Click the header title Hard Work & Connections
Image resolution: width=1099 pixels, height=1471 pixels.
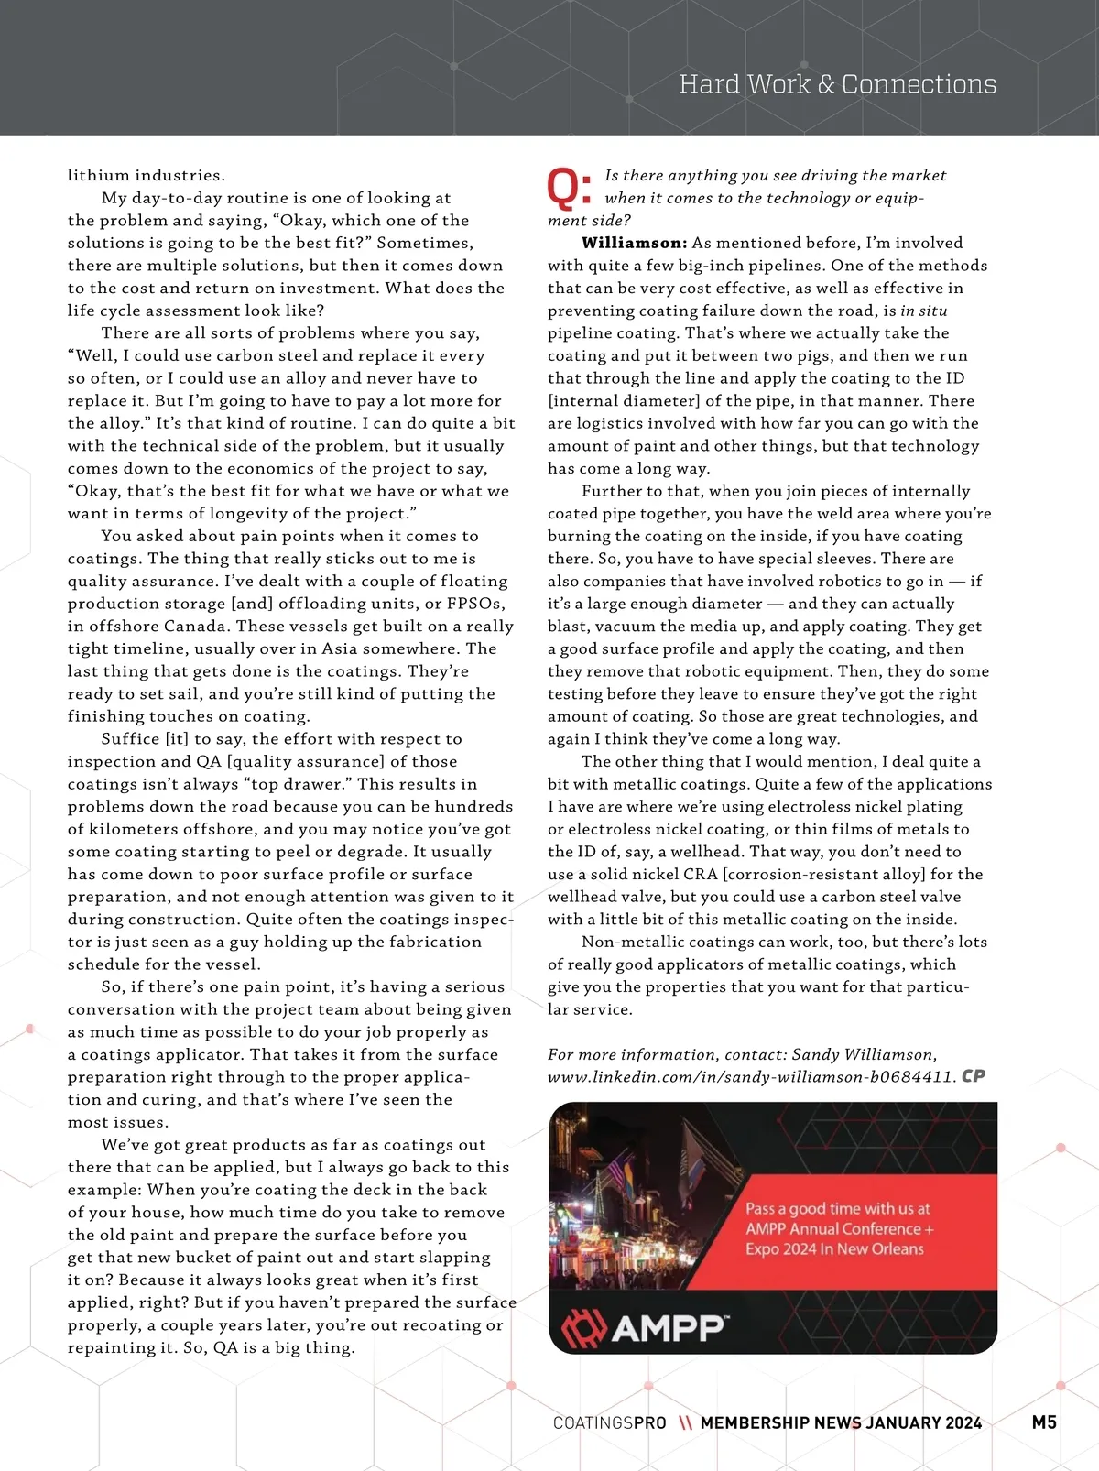pyautogui.click(x=837, y=84)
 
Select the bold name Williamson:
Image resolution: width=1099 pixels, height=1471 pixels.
pyautogui.click(x=634, y=243)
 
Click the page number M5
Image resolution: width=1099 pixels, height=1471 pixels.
pyautogui.click(x=1044, y=1422)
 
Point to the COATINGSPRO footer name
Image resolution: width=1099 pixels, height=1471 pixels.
pyautogui.click(x=609, y=1423)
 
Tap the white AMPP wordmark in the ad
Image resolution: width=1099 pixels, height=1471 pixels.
pyautogui.click(x=669, y=1328)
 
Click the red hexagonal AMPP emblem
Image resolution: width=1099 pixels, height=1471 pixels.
pyautogui.click(x=583, y=1328)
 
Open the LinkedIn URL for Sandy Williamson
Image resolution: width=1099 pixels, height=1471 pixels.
pyautogui.click(x=751, y=1077)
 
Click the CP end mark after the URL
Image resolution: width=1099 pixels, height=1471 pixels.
pyautogui.click(x=974, y=1076)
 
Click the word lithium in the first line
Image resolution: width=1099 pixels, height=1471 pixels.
pyautogui.click(x=97, y=175)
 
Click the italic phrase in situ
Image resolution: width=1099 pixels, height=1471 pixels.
pyautogui.click(x=924, y=311)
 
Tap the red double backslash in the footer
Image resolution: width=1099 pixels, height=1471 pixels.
pyautogui.click(x=685, y=1423)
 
